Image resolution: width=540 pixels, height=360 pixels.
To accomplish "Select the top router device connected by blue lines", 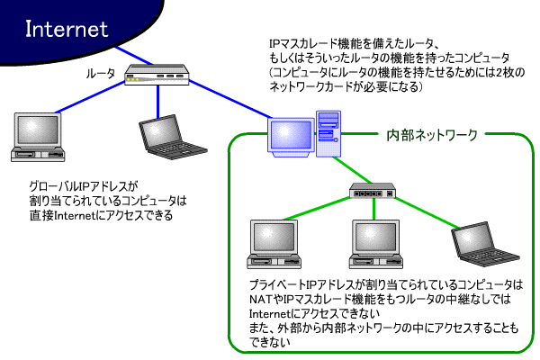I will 157,77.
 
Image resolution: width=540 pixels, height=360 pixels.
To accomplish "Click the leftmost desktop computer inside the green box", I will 272,240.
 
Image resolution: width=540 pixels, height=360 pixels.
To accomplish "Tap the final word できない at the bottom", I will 270,342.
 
